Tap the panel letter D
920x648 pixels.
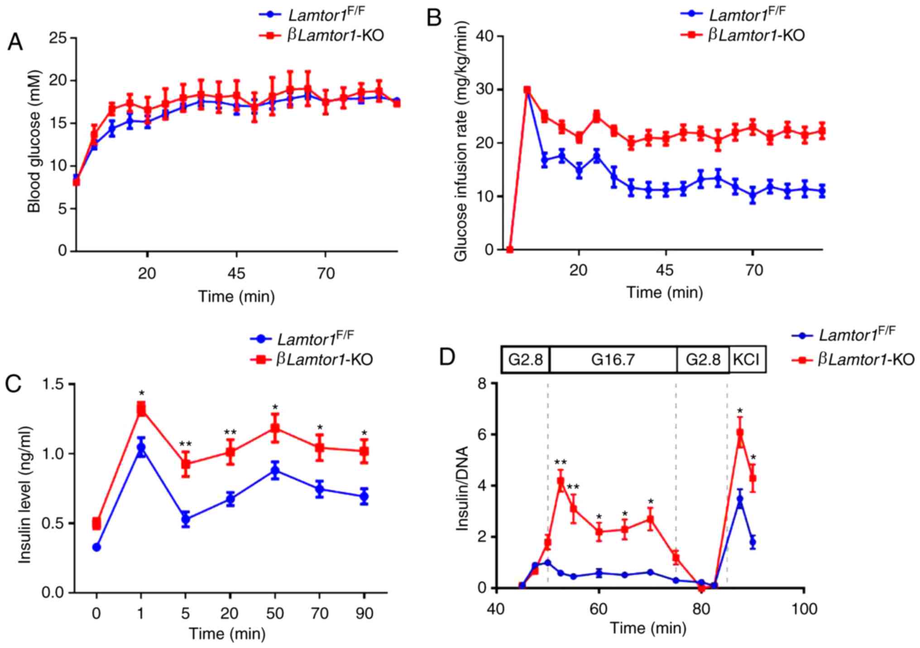coord(448,358)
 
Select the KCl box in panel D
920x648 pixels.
coord(747,360)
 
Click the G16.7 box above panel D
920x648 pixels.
coord(613,360)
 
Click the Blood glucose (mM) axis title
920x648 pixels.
coord(34,141)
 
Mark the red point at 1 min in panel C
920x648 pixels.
coord(141,409)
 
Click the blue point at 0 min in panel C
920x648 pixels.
coord(96,547)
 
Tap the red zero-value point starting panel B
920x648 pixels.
coord(510,250)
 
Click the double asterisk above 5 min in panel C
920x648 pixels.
coord(185,444)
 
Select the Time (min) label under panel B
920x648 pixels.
coord(664,293)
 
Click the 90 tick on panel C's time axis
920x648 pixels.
coord(364,614)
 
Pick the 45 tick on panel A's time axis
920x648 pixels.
coord(236,274)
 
